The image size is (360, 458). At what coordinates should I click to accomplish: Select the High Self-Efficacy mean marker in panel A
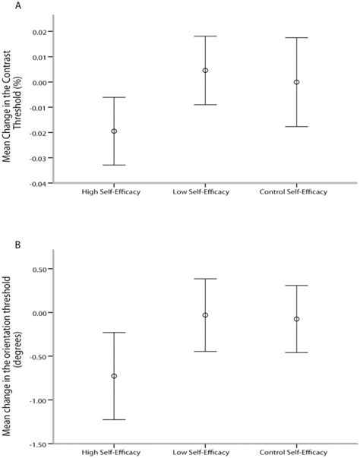tap(114, 131)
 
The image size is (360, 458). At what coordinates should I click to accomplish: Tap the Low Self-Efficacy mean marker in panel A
tap(205, 71)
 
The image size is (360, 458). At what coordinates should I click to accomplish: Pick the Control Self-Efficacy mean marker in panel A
tap(296, 82)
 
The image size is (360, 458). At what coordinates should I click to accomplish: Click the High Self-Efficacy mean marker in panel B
tap(114, 376)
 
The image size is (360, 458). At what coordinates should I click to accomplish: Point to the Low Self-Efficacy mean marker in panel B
tap(205, 314)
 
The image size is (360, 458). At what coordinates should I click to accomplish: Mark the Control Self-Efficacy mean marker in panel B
tap(296, 319)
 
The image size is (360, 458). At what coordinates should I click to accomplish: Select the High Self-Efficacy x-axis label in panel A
tap(114, 192)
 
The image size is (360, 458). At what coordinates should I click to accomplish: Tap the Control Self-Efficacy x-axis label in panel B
tap(296, 453)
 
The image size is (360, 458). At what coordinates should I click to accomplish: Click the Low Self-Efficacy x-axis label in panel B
tap(205, 453)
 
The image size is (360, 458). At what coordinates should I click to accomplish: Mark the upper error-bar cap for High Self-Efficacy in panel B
tap(114, 333)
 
